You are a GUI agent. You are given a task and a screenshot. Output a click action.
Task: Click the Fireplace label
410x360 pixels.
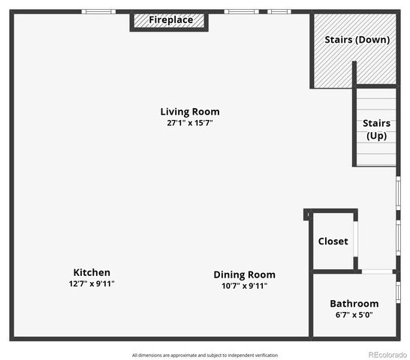click(170, 19)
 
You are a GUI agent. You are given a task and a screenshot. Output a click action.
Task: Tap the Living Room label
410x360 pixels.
click(190, 112)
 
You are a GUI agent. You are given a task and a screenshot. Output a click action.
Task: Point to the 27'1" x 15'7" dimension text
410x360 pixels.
click(190, 123)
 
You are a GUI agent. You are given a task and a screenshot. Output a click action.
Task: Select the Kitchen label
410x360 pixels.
click(92, 272)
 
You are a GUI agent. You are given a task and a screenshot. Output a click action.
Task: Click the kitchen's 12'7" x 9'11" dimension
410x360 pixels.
click(92, 283)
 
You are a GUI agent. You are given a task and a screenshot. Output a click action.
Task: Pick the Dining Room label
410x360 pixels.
click(244, 274)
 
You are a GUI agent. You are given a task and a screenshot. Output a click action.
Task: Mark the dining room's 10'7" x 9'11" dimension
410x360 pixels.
click(244, 286)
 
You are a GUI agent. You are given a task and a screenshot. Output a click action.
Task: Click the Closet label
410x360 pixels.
click(333, 241)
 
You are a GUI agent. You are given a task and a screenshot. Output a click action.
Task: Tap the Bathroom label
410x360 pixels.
click(354, 304)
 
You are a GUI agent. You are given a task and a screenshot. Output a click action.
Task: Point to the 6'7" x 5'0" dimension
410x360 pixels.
click(354, 315)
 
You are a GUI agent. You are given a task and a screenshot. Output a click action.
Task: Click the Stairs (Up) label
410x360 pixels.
click(375, 129)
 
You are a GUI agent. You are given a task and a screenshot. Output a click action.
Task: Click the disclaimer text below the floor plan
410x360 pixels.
click(205, 355)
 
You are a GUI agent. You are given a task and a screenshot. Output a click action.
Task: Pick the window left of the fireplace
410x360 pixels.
click(98, 11)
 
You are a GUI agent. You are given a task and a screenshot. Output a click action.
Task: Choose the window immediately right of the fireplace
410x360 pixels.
click(240, 11)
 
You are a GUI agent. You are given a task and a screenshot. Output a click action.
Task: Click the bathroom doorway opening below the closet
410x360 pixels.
click(377, 271)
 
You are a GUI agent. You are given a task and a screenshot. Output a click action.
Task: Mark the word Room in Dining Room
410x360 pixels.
click(262, 274)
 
